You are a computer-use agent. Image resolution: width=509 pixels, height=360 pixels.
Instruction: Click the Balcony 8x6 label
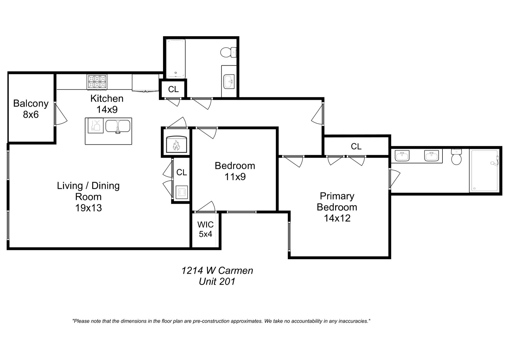coord(31,109)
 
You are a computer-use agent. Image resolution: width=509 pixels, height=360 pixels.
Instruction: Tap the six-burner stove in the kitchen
coord(97,82)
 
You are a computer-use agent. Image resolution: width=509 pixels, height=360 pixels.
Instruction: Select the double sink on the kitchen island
coord(118,126)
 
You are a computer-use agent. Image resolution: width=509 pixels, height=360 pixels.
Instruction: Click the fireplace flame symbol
coord(176,145)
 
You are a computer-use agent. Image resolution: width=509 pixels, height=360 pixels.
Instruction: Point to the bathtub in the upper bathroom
coord(175,59)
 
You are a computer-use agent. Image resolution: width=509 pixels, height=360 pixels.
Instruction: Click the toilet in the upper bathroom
coord(227,52)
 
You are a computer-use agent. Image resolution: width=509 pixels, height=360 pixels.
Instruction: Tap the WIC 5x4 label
coord(205,229)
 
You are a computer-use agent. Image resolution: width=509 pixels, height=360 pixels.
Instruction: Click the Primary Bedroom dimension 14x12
coord(337,218)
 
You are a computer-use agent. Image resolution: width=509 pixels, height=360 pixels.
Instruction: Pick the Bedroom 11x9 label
coord(235,171)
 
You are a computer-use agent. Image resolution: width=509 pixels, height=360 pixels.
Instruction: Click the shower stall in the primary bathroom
coord(484,171)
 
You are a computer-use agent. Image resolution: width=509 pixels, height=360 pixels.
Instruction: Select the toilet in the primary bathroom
coord(456,158)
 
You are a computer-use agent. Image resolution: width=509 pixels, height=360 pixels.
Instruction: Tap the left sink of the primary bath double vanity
coord(402,156)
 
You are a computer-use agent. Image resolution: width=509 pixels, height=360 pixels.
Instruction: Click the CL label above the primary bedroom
coord(356,146)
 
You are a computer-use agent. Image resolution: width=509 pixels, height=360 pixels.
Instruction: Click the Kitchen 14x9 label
coord(107,104)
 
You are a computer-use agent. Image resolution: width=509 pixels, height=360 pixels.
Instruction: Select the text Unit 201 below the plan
coord(217,282)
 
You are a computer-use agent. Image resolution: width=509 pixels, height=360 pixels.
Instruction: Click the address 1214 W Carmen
coord(217,271)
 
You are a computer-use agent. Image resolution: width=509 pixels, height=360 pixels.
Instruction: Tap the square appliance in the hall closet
coord(182,192)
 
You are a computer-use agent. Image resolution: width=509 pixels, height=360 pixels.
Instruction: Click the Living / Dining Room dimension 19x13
coord(88,208)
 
